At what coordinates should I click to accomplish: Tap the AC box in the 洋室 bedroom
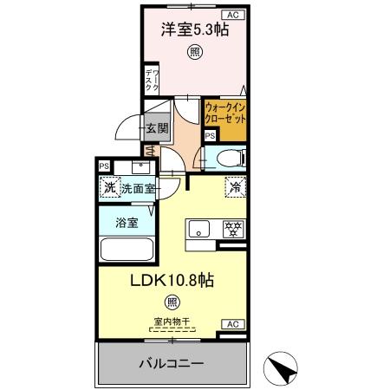[x=232, y=15]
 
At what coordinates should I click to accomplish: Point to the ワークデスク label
[x=150, y=80]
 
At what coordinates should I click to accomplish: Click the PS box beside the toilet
[x=210, y=135]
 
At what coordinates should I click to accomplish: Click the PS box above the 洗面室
[x=104, y=166]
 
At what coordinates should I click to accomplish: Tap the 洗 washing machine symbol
[x=109, y=187]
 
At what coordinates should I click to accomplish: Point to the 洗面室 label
[x=137, y=188]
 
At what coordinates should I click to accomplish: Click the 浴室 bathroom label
[x=127, y=223]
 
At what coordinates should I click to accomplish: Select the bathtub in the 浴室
[x=127, y=250]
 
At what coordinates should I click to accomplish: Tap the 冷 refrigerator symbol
[x=234, y=185]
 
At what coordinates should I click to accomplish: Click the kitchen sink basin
[x=198, y=231]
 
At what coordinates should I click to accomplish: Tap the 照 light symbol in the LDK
[x=172, y=302]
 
